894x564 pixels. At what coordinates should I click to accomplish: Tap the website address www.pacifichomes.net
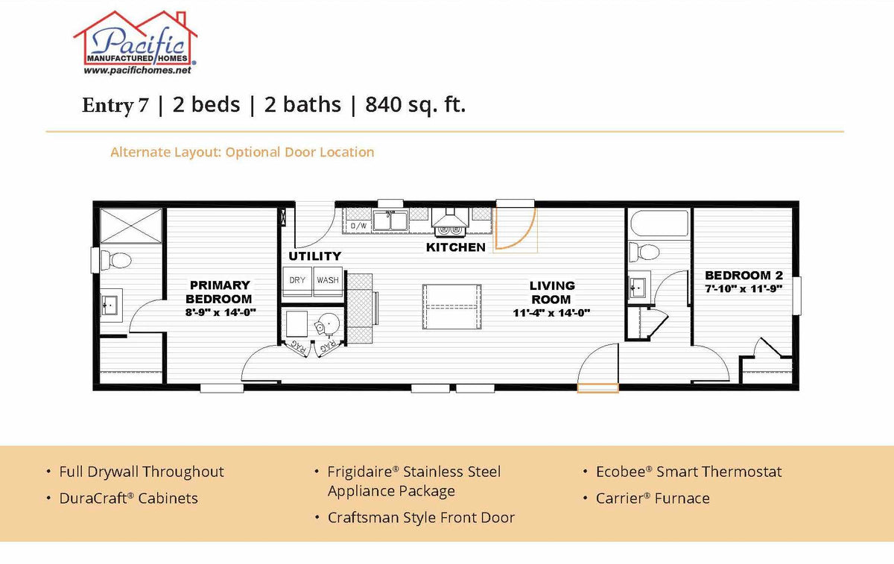click(x=137, y=70)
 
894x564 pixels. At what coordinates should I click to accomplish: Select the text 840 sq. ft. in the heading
click(x=415, y=105)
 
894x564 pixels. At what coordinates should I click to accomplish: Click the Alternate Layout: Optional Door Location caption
click(x=242, y=152)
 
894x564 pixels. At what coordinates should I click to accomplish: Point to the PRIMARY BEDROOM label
click(x=220, y=292)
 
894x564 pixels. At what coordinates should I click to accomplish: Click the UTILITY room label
click(x=314, y=256)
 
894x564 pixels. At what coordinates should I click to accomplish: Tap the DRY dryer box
click(x=297, y=280)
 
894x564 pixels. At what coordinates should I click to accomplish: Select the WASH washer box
click(x=328, y=280)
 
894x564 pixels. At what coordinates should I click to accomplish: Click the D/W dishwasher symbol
click(x=358, y=224)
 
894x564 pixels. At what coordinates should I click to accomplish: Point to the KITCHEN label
click(x=455, y=247)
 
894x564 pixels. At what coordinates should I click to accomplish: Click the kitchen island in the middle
click(x=451, y=307)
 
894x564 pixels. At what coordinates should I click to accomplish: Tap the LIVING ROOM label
click(x=551, y=292)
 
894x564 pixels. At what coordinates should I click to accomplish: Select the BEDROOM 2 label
click(x=743, y=274)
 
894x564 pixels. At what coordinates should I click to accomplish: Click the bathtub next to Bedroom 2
click(x=659, y=223)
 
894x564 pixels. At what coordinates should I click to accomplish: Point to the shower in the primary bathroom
click(x=131, y=225)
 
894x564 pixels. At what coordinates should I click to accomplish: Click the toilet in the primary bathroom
click(x=115, y=261)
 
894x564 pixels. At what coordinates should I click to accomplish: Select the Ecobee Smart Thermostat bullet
click(x=688, y=472)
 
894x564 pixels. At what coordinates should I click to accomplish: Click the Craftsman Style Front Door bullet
click(x=421, y=517)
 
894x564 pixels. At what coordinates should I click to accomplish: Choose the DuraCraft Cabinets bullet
click(x=128, y=498)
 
